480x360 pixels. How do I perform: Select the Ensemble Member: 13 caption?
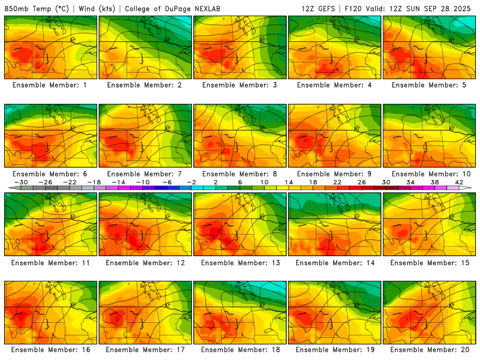pyautogui.click(x=239, y=263)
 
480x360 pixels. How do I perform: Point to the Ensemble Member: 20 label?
pyautogui.click(x=429, y=350)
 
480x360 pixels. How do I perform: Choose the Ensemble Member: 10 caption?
pyautogui.click(x=429, y=174)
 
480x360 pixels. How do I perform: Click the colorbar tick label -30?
pyautogui.click(x=21, y=182)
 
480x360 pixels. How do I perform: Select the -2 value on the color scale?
pyautogui.click(x=191, y=182)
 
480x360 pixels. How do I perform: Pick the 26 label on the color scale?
pyautogui.click(x=361, y=182)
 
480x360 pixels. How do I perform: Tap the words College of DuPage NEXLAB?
pyautogui.click(x=161, y=8)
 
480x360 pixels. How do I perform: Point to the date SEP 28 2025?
pyautogui.click(x=450, y=8)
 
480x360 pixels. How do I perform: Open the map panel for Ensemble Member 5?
pyautogui.click(x=429, y=47)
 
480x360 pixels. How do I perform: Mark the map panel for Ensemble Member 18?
pyautogui.click(x=239, y=312)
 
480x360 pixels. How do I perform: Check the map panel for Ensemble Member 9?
pyautogui.click(x=334, y=136)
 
